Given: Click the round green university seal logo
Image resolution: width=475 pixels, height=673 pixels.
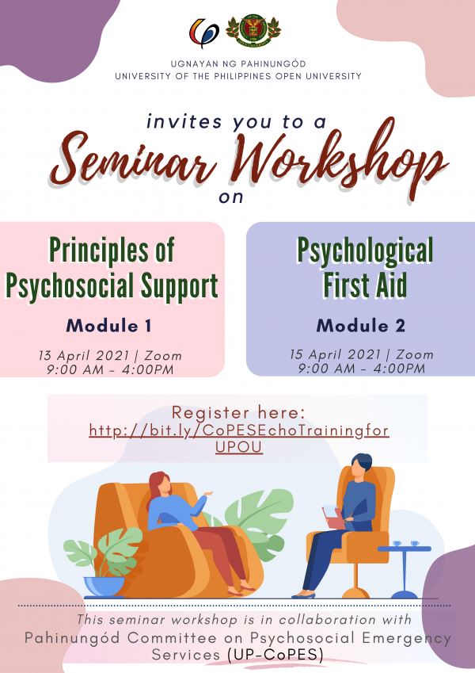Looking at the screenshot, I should pos(253,31).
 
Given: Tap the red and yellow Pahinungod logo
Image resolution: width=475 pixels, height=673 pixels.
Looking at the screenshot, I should pos(204,33).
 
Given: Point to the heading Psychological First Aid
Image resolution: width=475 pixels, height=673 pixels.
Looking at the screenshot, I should pos(365,268).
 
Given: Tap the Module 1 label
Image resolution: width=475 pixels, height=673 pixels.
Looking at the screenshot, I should pos(109,325).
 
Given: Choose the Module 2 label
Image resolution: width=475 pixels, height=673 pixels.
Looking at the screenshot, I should pos(361,325).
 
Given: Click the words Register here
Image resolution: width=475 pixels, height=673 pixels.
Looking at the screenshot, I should pos(238,413).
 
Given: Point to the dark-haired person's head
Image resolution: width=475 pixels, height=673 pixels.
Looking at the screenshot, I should pos(361,465).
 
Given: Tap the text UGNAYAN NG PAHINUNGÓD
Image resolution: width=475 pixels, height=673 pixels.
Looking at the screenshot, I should pos(237,63).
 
